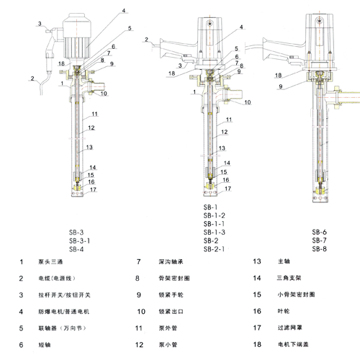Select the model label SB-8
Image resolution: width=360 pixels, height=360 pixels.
tap(320, 248)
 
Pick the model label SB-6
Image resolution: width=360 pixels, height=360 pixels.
tap(320, 232)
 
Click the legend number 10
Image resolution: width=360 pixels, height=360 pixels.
tap(142, 311)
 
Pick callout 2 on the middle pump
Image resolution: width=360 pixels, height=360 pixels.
tap(146, 39)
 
